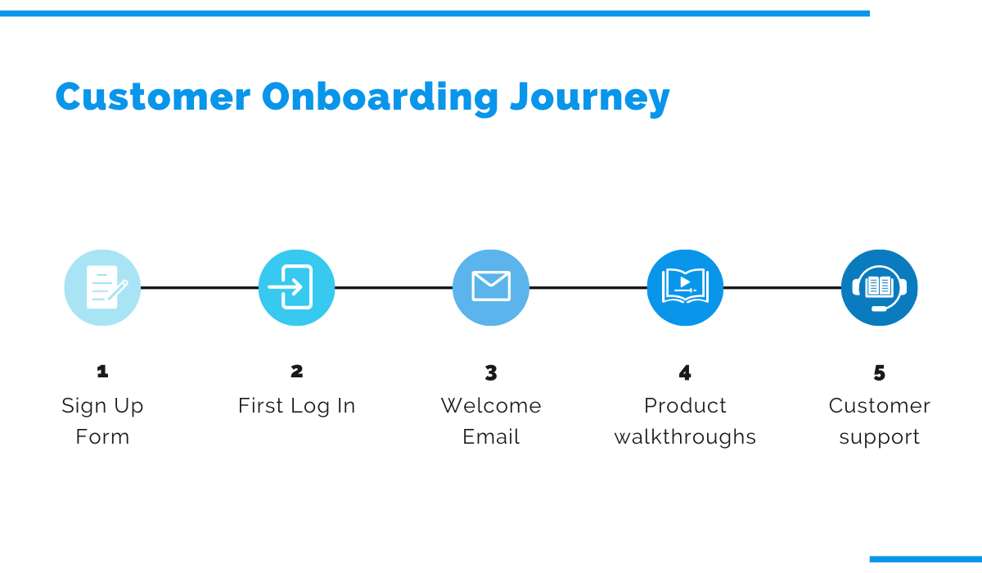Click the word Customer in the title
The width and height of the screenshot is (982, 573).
[x=153, y=97]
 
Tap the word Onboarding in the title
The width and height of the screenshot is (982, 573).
[x=380, y=97]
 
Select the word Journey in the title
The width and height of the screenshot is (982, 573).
[x=589, y=98]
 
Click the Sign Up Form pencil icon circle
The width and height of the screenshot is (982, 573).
[x=102, y=287]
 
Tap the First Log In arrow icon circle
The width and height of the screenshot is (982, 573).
[x=296, y=287]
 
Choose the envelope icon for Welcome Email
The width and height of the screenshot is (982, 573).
[x=491, y=287]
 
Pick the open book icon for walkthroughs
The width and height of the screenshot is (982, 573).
[x=685, y=287]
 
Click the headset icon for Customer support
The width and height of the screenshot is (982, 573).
[x=879, y=287]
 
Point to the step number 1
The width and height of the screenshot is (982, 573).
[x=102, y=372]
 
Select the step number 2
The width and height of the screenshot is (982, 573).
[x=296, y=372]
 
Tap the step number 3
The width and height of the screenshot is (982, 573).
[x=491, y=373]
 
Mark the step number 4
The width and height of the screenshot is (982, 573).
[x=685, y=373]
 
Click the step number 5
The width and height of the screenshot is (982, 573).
[x=879, y=373]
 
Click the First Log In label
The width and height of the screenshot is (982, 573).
[x=296, y=406]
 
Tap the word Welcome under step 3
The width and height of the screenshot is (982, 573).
[x=491, y=406]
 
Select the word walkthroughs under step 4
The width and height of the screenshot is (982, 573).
[x=685, y=437]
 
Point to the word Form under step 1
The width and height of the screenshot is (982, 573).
[x=102, y=437]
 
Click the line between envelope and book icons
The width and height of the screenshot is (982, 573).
[x=588, y=287]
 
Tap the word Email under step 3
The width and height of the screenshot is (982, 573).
[x=491, y=437]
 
